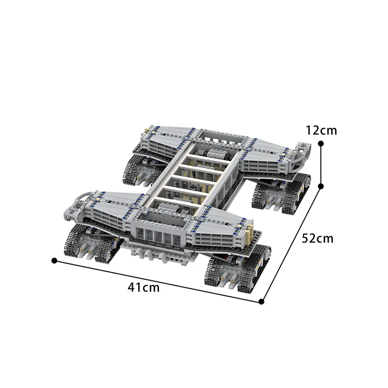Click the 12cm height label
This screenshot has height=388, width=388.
coord(321,130)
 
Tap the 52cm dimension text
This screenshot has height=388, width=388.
coord(318,238)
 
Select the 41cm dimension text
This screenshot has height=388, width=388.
coord(144,287)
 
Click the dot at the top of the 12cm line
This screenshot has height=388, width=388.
coord(321,143)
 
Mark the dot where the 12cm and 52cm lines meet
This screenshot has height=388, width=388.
coord(321,185)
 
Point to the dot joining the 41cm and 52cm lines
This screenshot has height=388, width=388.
coord(261,301)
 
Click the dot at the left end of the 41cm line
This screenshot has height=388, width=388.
coord(54,260)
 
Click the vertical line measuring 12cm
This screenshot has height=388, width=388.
coord(321,164)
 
